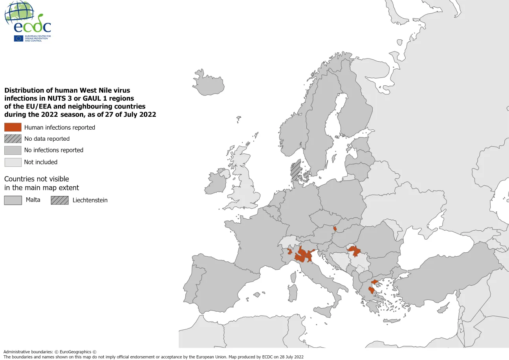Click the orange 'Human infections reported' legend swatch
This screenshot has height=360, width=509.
pos(13,127)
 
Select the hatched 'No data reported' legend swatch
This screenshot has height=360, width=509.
pos(13,139)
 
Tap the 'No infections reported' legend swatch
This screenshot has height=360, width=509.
pos(13,150)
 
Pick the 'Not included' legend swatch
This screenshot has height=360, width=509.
pos(13,162)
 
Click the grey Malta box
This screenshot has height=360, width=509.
pos(13,200)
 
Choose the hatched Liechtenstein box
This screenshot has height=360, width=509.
pos(59,200)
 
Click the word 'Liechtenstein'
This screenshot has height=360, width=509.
pos(90,200)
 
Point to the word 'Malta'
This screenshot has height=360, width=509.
pos(33,200)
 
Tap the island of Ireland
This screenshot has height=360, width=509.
pos(216,182)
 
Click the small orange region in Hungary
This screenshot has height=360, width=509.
pos(335,228)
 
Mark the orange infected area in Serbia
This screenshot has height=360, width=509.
pos(355,250)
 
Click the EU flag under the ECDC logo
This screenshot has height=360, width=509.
pos(18,39)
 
